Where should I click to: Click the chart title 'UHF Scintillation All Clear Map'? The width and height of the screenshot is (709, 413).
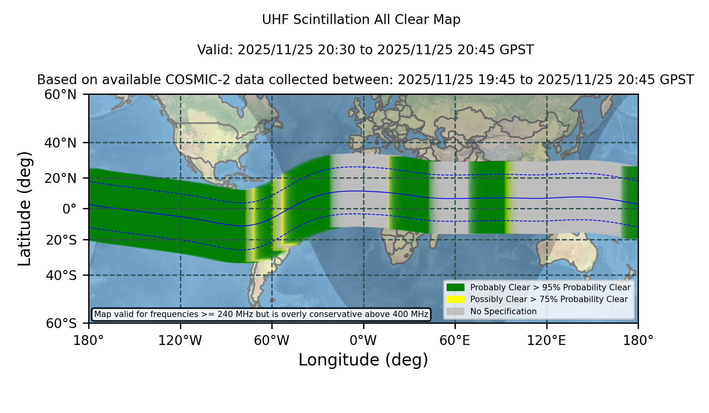[x=361, y=19]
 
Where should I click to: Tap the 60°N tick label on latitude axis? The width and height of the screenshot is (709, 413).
[x=60, y=94]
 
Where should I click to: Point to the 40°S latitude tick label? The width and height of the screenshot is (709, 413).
[x=61, y=275]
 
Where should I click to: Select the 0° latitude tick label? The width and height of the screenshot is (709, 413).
[x=69, y=208]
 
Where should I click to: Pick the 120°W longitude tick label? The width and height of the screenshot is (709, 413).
[x=180, y=340]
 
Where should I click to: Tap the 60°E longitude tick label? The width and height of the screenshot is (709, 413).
[x=455, y=340]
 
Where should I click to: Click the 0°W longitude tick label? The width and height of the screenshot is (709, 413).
[x=363, y=340]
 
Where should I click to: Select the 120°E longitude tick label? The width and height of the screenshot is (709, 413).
[x=546, y=340]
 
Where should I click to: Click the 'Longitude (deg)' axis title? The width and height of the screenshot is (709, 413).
[x=363, y=360]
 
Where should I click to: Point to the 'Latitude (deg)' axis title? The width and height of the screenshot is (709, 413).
[x=24, y=208]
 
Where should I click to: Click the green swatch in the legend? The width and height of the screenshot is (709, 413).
[x=455, y=287]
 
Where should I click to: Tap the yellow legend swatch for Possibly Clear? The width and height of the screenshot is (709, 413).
[x=455, y=299]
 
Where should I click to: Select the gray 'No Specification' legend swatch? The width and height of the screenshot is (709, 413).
[x=455, y=311]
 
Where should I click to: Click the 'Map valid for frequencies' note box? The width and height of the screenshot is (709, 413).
[x=261, y=314]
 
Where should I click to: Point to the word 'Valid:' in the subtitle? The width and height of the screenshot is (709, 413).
[x=215, y=50]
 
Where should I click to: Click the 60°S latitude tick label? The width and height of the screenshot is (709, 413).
[x=61, y=323]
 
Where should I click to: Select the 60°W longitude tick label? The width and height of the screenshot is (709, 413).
[x=272, y=340]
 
